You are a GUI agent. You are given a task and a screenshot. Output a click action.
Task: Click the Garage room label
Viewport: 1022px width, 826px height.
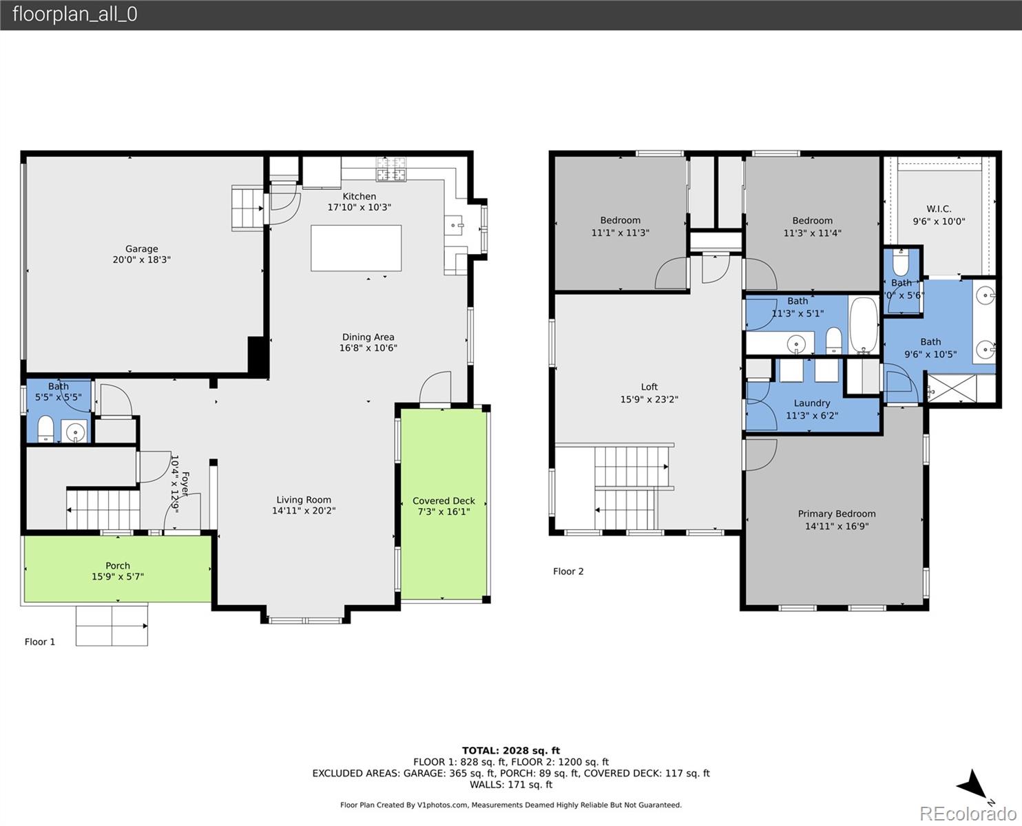141,249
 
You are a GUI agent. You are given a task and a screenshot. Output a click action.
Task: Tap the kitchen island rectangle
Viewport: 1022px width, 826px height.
356,248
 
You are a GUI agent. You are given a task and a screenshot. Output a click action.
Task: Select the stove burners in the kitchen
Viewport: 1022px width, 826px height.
390,169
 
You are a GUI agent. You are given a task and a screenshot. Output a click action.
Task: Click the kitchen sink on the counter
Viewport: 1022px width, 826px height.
455,224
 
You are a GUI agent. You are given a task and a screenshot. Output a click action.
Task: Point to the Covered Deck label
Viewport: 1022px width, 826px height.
444,500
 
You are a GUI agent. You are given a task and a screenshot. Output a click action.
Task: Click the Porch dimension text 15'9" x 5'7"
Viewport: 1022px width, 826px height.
118,577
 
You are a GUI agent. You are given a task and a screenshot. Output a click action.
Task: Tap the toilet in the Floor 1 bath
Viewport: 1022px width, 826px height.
45,430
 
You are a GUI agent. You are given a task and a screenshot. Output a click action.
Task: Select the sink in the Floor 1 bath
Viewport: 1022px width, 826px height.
74,432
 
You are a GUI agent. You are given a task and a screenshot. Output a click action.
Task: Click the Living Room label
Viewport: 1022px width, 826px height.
304,500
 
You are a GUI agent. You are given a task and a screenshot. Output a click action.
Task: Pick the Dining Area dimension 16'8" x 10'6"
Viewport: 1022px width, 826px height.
368,348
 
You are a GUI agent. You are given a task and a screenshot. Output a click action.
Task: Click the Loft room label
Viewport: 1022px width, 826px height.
649,387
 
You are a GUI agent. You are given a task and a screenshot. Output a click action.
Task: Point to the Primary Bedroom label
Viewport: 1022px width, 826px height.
837,513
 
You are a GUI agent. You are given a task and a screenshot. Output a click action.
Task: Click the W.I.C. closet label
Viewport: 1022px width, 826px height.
939,209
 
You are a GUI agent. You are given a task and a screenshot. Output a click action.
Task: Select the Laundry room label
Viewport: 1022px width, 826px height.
812,403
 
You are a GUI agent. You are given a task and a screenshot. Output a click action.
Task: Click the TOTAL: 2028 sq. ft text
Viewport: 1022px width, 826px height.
510,750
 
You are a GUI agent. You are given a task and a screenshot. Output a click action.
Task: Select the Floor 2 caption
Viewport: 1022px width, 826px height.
568,571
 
